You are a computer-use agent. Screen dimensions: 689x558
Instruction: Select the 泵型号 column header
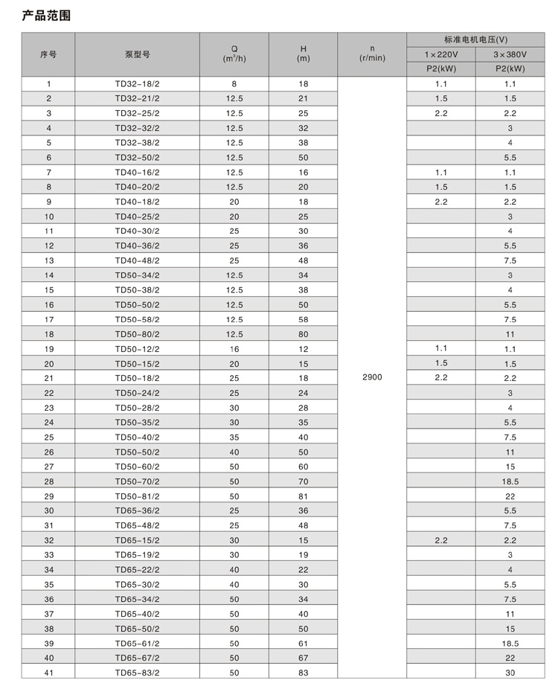pyautogui.click(x=137, y=54)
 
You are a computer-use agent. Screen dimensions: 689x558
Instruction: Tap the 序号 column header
pyautogui.click(x=48, y=54)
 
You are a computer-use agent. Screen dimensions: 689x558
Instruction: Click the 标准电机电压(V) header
pyautogui.click(x=475, y=39)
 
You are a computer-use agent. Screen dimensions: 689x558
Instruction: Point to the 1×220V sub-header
pyautogui.click(x=441, y=54)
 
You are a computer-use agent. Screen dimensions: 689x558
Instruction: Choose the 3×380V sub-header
pyautogui.click(x=510, y=54)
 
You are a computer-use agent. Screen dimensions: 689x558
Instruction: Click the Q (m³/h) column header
pyautogui.click(x=234, y=54)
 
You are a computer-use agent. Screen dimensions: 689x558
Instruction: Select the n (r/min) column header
pyautogui.click(x=372, y=54)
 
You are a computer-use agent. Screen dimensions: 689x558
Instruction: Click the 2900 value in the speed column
pyautogui.click(x=372, y=378)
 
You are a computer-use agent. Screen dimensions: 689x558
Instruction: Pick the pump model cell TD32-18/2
pyautogui.click(x=137, y=84)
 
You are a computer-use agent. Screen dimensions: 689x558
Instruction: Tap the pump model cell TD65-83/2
pyautogui.click(x=137, y=672)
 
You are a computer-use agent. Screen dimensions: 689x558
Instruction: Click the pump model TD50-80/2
pyautogui.click(x=137, y=334)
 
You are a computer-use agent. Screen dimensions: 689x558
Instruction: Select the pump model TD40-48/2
pyautogui.click(x=137, y=260)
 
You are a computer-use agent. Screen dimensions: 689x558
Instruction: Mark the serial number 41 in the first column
pyautogui.click(x=48, y=672)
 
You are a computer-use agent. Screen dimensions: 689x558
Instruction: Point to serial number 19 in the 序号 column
pyautogui.click(x=48, y=349)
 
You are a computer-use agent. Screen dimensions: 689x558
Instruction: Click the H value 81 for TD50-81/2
pyautogui.click(x=303, y=496)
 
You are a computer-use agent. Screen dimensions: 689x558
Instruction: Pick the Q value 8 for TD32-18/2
pyautogui.click(x=234, y=84)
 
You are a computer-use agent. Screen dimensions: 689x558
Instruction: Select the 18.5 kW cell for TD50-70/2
pyautogui.click(x=510, y=481)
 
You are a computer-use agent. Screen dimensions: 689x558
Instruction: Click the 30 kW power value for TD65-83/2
pyautogui.click(x=510, y=672)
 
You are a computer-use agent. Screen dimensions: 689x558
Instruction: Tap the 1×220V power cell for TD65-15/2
pyautogui.click(x=441, y=540)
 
